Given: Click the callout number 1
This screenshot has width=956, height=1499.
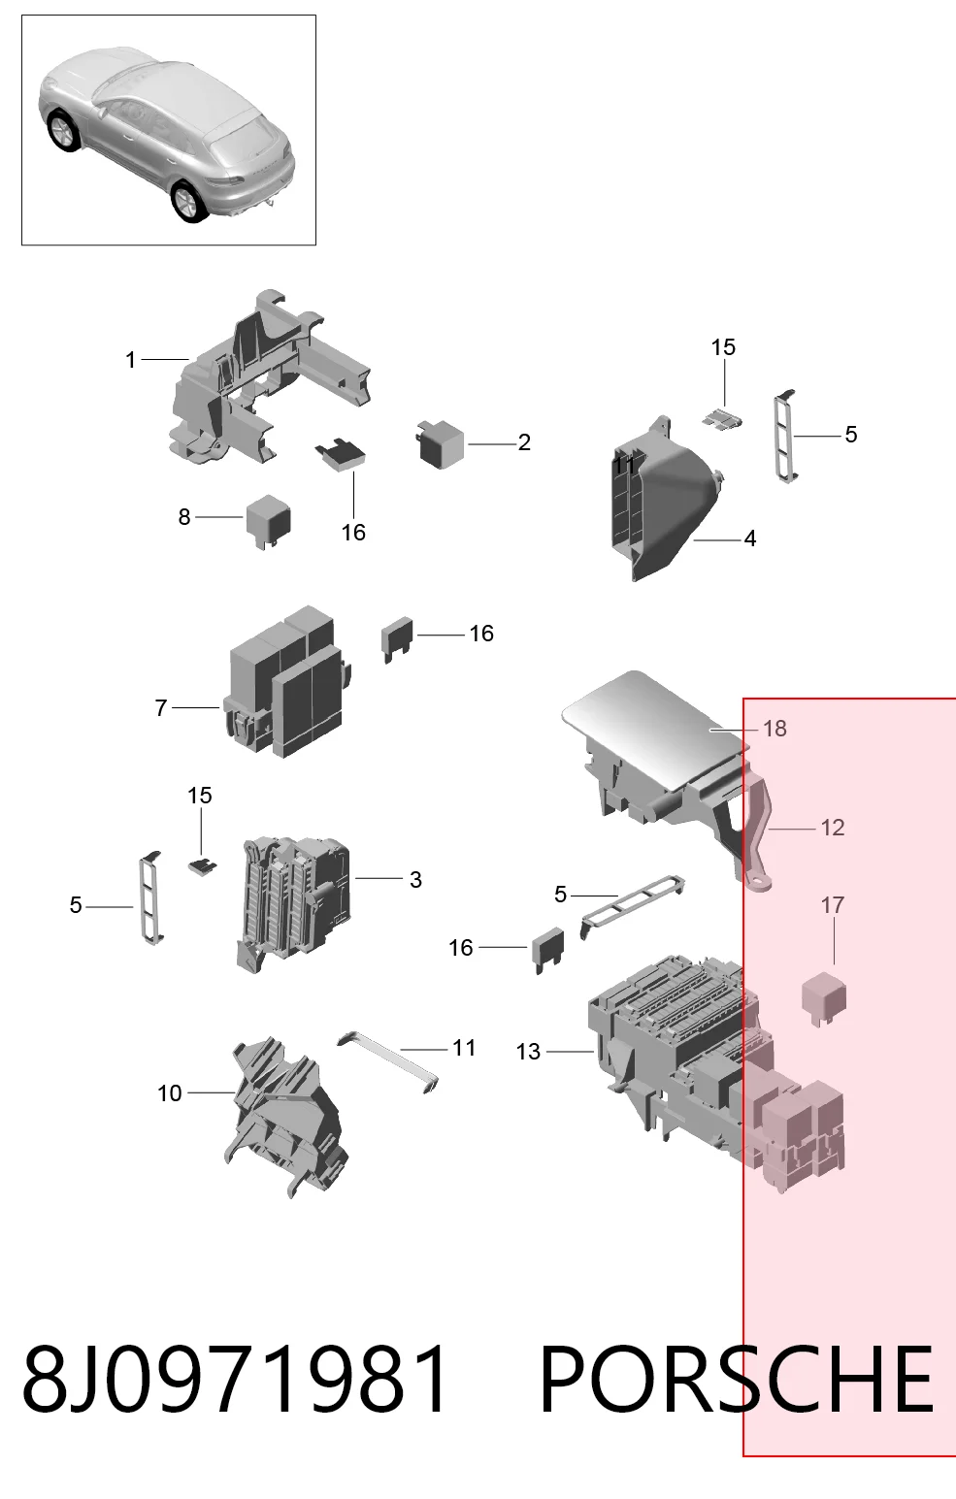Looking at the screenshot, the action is coord(131,360).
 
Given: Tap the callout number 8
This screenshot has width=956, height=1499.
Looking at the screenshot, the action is coord(184,516).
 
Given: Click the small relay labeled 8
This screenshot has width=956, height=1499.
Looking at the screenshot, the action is coord(268,521).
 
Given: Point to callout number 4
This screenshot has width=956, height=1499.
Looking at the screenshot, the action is coord(750,538).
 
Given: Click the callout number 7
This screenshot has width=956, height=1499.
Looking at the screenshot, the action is coord(161,708).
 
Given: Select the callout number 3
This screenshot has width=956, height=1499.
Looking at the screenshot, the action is coord(415,879).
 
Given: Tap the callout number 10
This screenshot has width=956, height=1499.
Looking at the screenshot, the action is coord(170,1092).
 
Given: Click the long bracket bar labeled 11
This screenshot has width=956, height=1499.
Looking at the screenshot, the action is coord(387,1062).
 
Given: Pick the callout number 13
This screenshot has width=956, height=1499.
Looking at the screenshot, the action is coord(528,1052).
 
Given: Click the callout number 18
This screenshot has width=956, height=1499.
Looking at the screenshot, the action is coord(775,728).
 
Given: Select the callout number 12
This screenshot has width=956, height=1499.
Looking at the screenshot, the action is coord(833,828).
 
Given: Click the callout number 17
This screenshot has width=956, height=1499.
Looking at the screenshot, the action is coord(833,905).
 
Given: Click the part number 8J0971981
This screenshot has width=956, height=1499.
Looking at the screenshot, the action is coord(234,1378).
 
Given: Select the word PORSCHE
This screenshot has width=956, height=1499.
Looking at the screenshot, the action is coord(736,1379).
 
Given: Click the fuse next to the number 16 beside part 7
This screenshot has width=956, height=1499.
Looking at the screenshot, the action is coord(397,637).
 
